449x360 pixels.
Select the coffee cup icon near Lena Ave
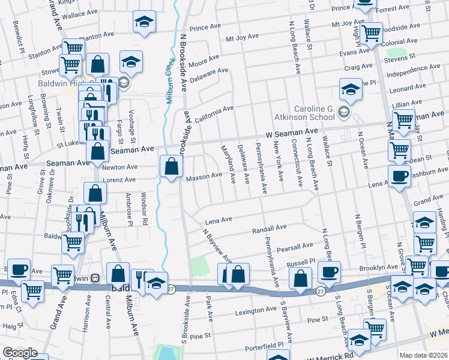(x=399, y=176)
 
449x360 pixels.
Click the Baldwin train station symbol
(x=95, y=278)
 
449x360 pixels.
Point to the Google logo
(x=20, y=353)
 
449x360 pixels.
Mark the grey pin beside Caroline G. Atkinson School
(x=343, y=112)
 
